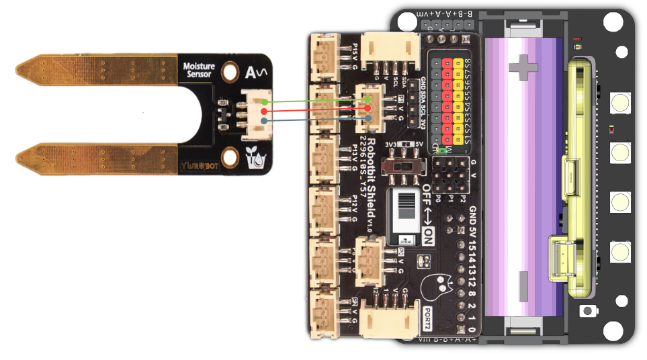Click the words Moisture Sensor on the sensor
click(x=199, y=70)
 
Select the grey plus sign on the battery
click(x=523, y=66)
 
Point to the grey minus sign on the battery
click(x=523, y=285)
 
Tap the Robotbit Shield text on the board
click(x=371, y=182)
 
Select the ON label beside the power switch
click(x=428, y=236)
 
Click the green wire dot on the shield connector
click(x=368, y=99)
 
